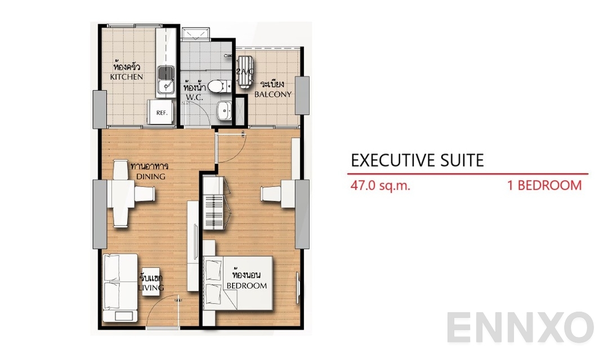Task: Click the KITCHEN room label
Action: (127, 76)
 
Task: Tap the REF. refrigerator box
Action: (162, 112)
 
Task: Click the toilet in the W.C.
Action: (216, 86)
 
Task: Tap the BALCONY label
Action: (273, 94)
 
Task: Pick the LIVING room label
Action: (152, 287)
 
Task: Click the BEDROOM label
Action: (246, 285)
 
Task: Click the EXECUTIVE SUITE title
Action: (417, 160)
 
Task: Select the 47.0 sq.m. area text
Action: (380, 186)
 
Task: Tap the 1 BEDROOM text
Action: (544, 186)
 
